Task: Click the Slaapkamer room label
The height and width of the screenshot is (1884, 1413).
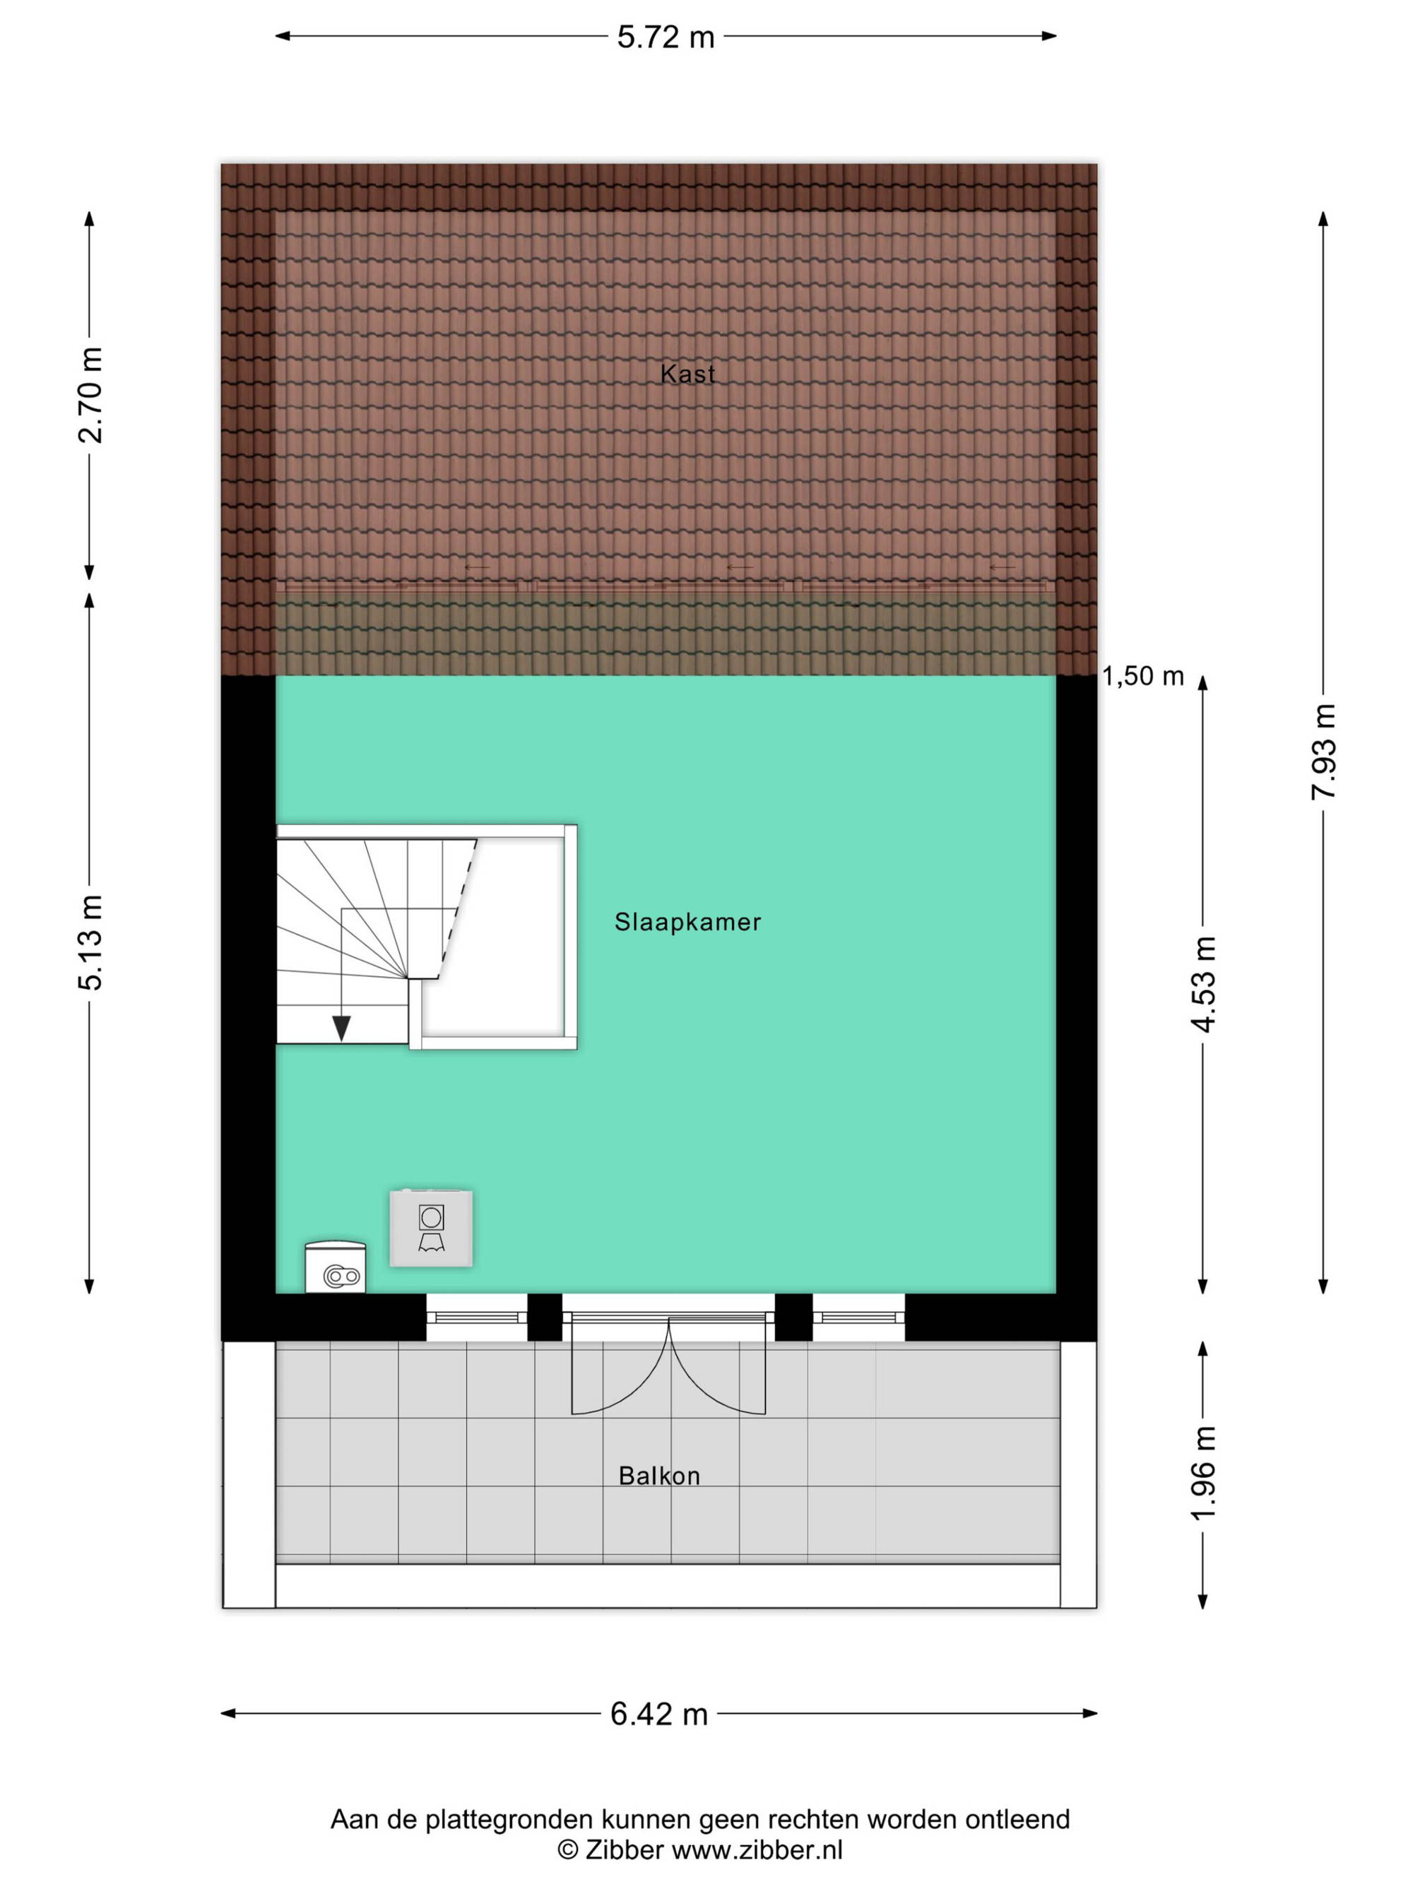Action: (687, 922)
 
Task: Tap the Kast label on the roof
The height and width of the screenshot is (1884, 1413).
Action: (687, 373)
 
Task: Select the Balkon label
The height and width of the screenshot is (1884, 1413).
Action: (659, 1476)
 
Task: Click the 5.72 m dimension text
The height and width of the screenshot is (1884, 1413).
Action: (666, 37)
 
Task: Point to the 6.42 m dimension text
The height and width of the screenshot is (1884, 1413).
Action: (658, 1714)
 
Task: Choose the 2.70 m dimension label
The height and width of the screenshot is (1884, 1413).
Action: (90, 395)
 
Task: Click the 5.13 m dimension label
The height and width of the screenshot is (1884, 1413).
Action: (90, 943)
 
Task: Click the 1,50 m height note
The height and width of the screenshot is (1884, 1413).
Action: (1143, 676)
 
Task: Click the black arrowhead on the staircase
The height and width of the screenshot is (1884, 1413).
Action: (341, 1028)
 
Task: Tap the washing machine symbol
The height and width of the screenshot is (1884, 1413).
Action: (431, 1228)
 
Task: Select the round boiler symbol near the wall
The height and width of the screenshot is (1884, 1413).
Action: (336, 1267)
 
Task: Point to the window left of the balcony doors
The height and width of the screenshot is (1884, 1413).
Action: (477, 1317)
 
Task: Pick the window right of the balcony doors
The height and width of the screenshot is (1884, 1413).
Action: (858, 1317)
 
